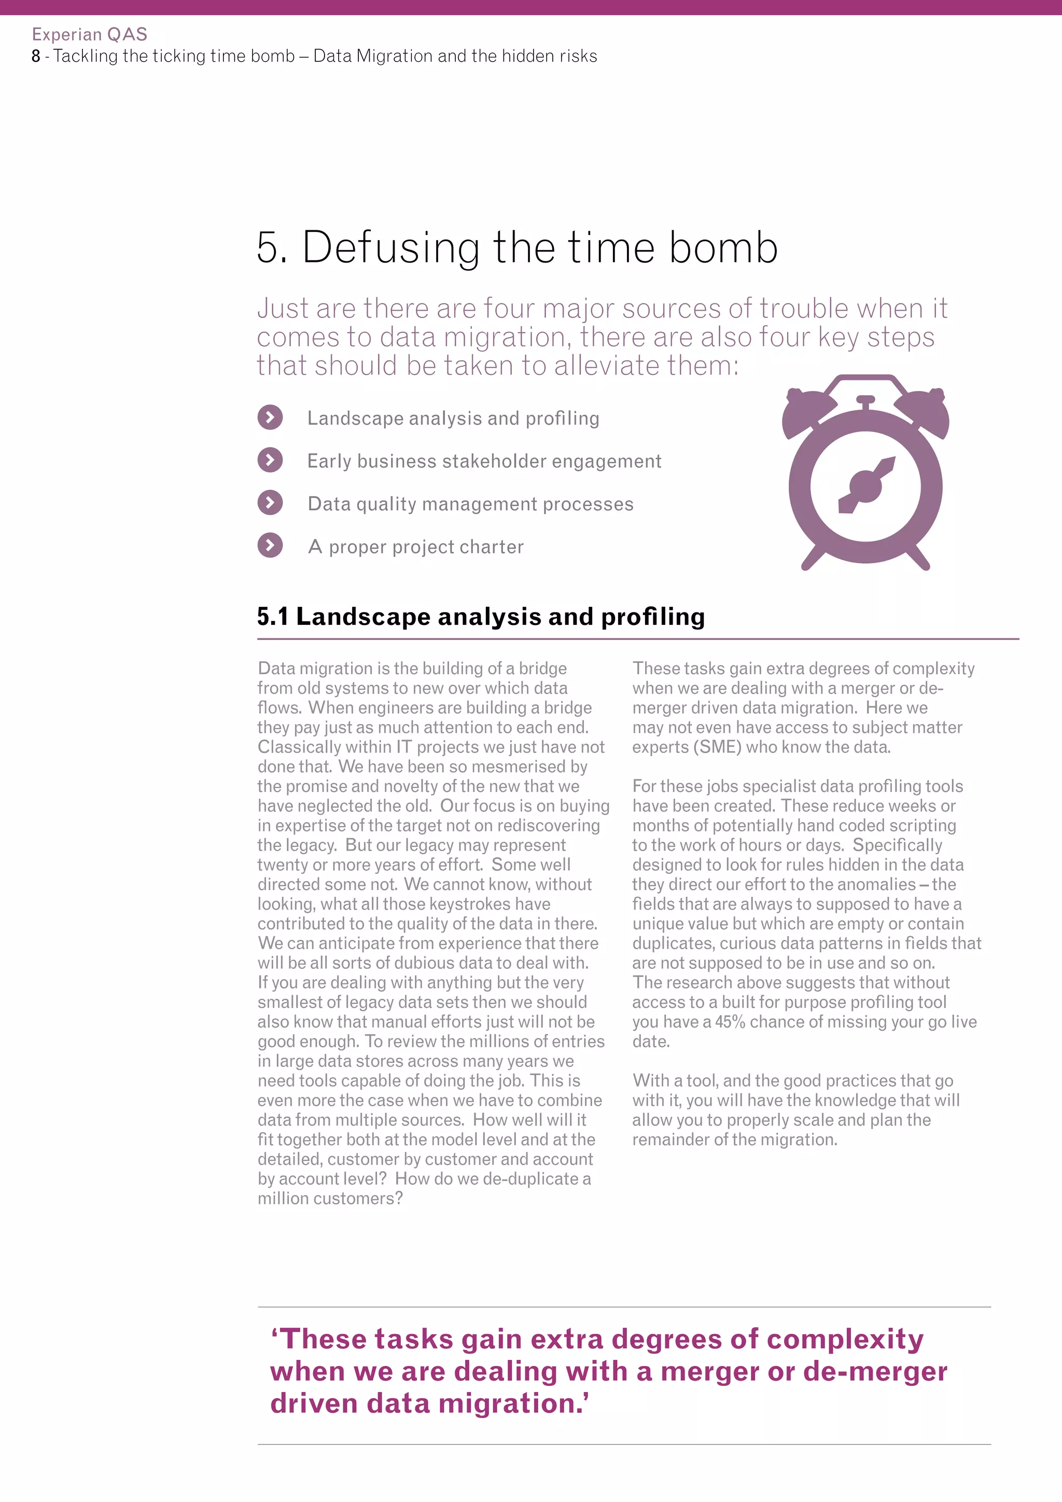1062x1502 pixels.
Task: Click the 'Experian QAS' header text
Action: tap(90, 34)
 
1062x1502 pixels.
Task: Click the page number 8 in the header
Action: tap(36, 56)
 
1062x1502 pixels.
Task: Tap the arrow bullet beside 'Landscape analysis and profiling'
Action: tap(270, 418)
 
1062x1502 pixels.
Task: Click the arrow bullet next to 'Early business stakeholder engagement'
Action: tap(270, 460)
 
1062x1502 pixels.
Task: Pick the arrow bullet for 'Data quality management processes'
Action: tap(270, 503)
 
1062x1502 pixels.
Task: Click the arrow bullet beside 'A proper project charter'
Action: tap(270, 546)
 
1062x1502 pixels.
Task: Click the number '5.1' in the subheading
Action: tap(273, 617)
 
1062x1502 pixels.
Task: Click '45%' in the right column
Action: tap(730, 1022)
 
